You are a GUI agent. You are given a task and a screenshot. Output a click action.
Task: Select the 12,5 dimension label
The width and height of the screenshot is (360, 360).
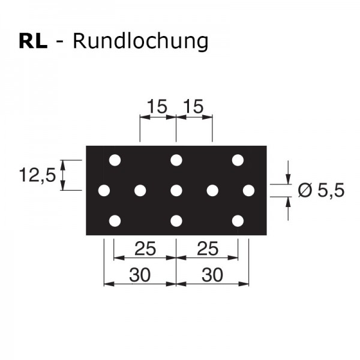point(37,175)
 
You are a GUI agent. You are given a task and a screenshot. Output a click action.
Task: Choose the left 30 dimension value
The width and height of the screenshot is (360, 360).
point(140,275)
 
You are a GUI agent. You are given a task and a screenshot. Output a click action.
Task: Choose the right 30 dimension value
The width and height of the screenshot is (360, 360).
point(212,275)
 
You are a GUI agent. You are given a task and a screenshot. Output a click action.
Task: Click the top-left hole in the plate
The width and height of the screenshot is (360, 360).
point(115,160)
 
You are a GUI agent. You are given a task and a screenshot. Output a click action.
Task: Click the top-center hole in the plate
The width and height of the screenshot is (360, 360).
point(176,160)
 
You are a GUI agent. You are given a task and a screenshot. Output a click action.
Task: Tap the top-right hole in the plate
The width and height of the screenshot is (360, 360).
point(238,160)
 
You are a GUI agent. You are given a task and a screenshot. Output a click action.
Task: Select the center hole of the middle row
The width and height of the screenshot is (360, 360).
point(176,191)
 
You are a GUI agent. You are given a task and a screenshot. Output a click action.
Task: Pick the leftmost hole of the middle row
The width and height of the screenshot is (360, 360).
point(104,191)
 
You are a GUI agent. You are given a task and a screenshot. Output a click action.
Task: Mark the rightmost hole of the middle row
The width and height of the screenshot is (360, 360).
point(248,191)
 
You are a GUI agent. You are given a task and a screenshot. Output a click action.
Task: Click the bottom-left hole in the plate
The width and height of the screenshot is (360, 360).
point(115,221)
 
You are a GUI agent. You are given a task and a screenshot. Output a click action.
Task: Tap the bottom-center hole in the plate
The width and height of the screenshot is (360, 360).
point(176,221)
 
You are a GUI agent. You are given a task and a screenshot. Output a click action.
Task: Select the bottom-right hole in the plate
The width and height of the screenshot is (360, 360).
point(238,221)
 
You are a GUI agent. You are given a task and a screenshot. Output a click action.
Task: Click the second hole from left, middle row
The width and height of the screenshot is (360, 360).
point(140,191)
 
